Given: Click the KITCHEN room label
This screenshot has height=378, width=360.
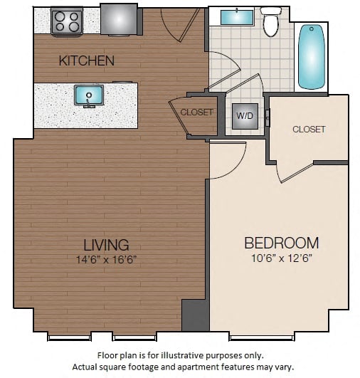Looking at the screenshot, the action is pos(87,61).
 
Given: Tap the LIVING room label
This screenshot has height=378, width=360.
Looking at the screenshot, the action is pos(106,245).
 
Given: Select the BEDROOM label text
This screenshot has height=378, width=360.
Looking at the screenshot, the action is pos(282,243).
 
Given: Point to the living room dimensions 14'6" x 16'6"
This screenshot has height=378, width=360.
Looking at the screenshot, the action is pos(106,259).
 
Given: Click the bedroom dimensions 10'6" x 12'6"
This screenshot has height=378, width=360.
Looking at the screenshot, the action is pos(282,258).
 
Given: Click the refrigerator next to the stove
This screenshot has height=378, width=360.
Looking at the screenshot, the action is pos(119,20).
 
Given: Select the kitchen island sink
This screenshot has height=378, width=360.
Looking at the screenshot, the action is pos(89,95).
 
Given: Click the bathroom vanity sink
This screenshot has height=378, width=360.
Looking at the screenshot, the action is pos(237,16).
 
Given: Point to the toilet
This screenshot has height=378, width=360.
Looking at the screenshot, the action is pos(271,21).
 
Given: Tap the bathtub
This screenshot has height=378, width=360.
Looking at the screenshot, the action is pos(312,57).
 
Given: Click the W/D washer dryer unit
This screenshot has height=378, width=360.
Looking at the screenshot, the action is pos(245,116).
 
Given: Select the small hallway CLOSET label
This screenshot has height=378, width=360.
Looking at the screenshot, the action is pos(196,112).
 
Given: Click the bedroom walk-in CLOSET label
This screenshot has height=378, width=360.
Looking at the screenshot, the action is pos(309,130).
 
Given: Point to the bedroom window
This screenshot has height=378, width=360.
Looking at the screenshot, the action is pos(262,337).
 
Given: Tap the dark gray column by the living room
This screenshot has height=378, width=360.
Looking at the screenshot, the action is pos(195,315).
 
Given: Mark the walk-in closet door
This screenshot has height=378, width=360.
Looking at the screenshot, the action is pos(297,173).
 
